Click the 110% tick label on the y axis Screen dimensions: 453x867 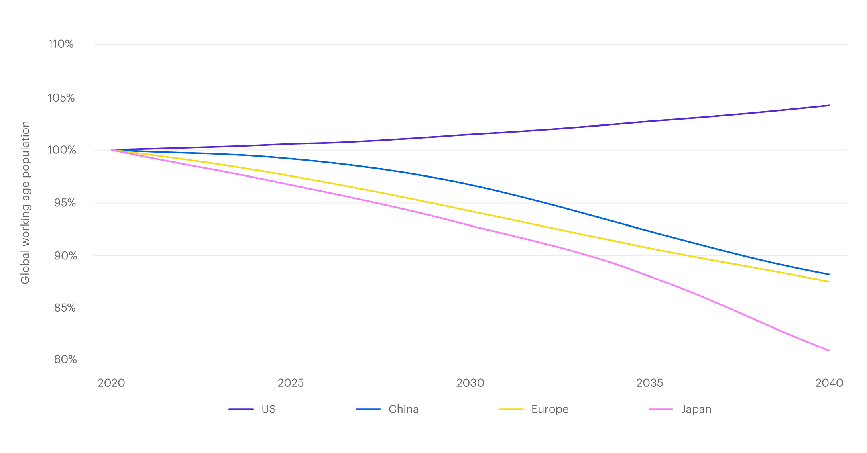point(61,44)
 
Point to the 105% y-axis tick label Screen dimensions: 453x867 point(61,98)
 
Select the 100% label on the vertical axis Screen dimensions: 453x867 point(61,150)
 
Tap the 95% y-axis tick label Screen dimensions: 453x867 point(65,203)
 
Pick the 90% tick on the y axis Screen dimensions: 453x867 point(65,256)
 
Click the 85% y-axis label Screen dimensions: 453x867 point(65,308)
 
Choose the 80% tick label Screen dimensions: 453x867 point(65,359)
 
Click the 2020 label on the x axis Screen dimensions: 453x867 point(111,383)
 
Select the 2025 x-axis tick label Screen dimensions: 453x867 point(291,383)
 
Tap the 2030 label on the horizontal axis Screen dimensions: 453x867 point(470,383)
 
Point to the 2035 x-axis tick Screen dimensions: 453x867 point(649,383)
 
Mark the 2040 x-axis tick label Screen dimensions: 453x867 point(829,383)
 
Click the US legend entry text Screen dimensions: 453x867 point(269,409)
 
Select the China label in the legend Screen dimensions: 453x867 point(403,409)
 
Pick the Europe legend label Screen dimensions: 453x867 point(550,409)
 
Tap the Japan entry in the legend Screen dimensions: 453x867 point(696,409)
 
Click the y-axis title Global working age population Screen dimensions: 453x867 point(26,202)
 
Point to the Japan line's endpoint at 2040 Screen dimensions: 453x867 point(829,351)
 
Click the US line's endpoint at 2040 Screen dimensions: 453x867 point(829,105)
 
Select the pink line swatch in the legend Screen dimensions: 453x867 point(661,409)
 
